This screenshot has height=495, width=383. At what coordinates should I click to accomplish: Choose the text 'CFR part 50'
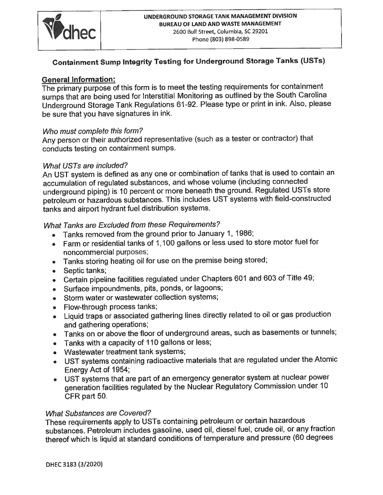click(x=86, y=396)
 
